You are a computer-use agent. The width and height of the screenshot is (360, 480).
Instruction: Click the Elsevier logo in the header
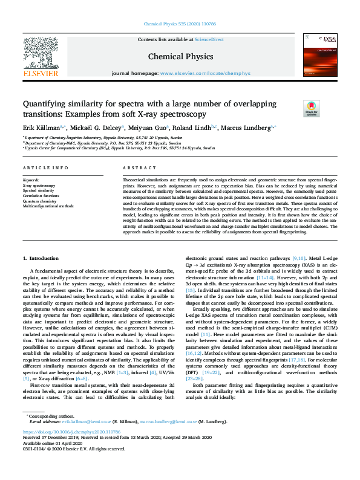click(x=41, y=57)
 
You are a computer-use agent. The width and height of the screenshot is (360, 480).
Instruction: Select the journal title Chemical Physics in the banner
click(x=181, y=56)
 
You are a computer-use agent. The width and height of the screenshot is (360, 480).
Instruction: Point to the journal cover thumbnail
click(x=320, y=54)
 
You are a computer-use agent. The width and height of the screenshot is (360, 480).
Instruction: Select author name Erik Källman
click(x=42, y=128)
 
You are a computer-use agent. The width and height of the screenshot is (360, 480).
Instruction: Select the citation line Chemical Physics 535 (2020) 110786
click(x=180, y=24)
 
